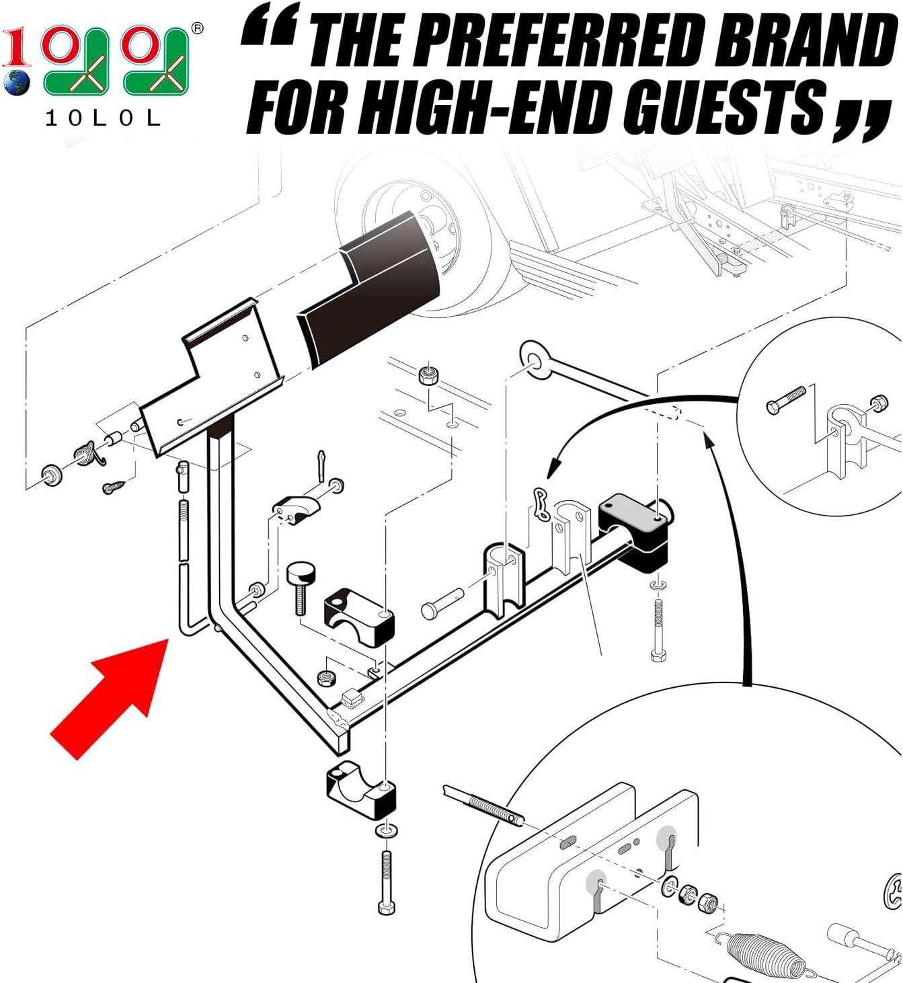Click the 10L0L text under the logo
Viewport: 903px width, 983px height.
pyautogui.click(x=103, y=118)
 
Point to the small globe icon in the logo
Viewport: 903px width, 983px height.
pyautogui.click(x=17, y=83)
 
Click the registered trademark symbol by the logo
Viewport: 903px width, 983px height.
pyautogui.click(x=197, y=28)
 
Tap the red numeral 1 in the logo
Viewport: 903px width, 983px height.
pyautogui.click(x=15, y=46)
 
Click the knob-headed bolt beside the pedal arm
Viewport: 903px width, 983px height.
pyautogui.click(x=301, y=588)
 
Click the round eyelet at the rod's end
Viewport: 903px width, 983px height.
pyautogui.click(x=535, y=360)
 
